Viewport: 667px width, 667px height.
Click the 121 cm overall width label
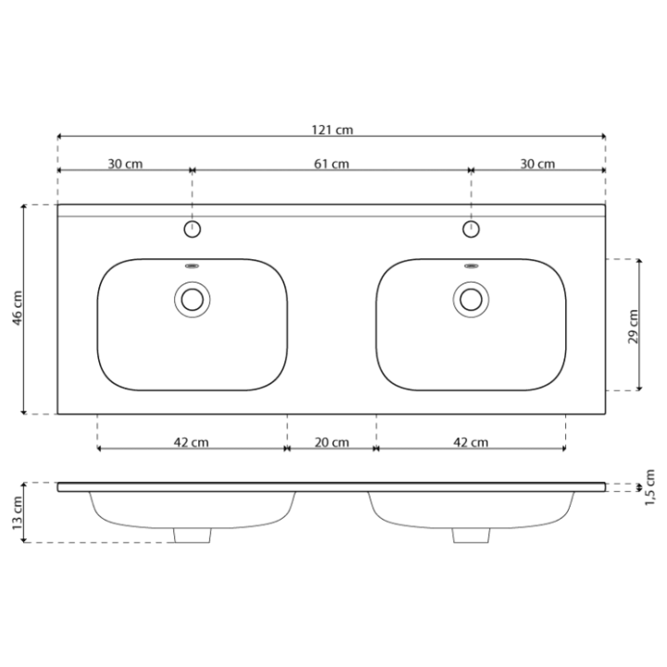click(x=333, y=130)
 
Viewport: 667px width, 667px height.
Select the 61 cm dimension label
click(x=332, y=164)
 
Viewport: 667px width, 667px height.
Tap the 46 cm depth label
click(x=18, y=308)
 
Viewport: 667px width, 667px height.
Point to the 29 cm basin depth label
click(x=634, y=327)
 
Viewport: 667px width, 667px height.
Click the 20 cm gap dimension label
click(x=332, y=443)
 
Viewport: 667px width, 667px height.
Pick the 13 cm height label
click(x=18, y=513)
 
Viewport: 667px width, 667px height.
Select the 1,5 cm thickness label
click(x=649, y=487)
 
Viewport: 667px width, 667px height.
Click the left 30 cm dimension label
click(x=125, y=164)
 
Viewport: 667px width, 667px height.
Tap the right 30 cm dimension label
click(x=537, y=164)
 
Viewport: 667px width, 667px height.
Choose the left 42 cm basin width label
click(x=191, y=443)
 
